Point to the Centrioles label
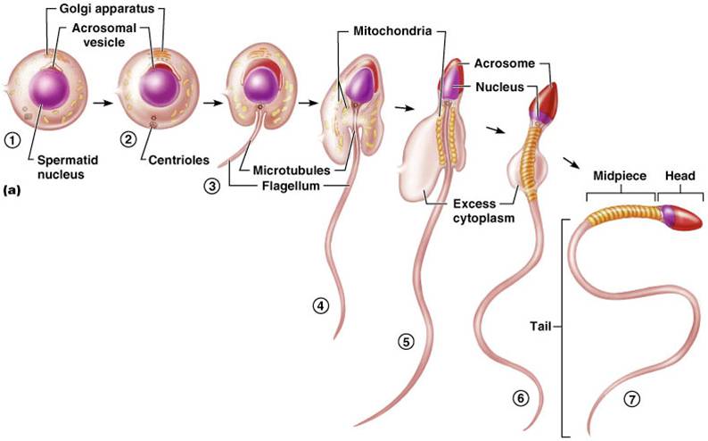pos(178,162)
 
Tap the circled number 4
pos(319,305)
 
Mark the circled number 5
pos(406,341)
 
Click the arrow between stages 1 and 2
pos(105,103)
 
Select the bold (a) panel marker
pos(13,189)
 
